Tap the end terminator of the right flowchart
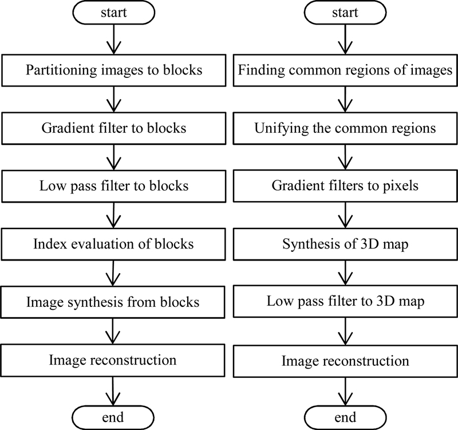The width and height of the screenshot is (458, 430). point(344,416)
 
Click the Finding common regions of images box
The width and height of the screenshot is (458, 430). point(345,71)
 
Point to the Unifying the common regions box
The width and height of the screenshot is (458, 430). point(345,128)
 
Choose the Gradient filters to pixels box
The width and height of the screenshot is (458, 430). point(345,186)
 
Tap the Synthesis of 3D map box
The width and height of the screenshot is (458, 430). point(345,244)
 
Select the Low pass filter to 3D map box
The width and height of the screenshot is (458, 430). point(345,302)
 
